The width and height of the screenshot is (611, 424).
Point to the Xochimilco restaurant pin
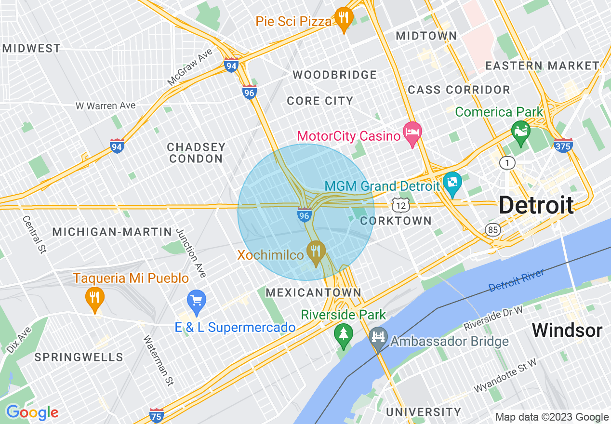[316, 252]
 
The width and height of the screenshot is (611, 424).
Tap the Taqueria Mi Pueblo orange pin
[95, 298]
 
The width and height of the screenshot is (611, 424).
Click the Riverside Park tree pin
[343, 334]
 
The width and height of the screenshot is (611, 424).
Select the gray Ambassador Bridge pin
[378, 336]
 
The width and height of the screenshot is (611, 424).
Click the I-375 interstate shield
[563, 145]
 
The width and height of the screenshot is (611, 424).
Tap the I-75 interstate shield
[156, 415]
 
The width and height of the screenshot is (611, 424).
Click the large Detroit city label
[536, 205]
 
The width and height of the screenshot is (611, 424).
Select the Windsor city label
[567, 331]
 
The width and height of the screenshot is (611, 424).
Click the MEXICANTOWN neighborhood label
[313, 292]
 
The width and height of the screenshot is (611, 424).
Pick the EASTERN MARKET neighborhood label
[542, 66]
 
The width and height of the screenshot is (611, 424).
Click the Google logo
[32, 412]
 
